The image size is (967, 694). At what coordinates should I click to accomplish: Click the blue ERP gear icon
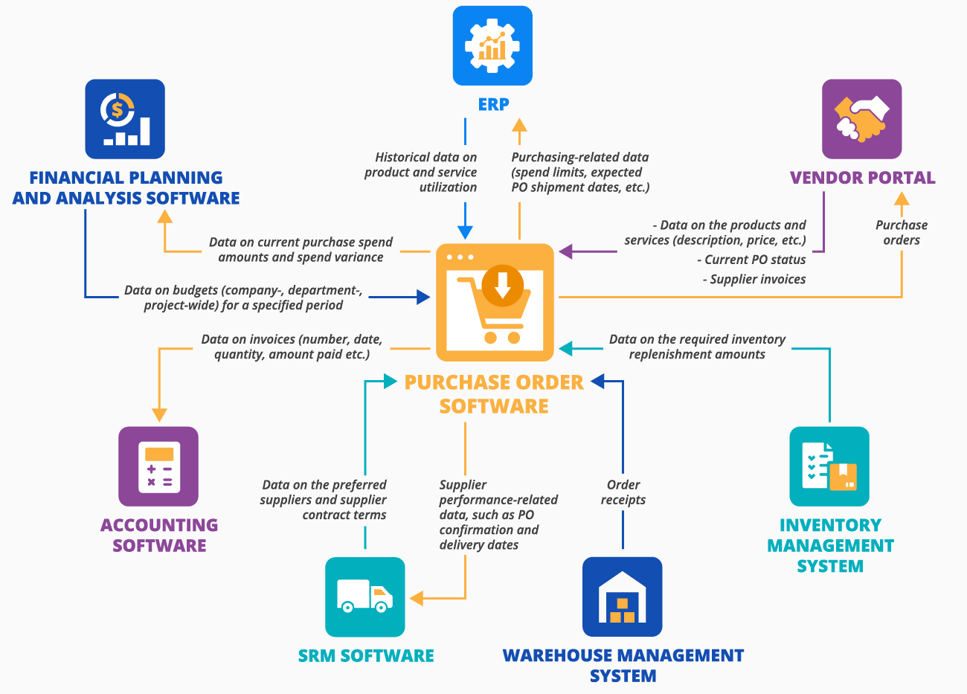(492, 45)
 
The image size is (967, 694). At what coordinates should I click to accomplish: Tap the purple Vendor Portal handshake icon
(861, 119)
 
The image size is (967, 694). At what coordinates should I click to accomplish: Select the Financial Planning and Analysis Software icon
(125, 119)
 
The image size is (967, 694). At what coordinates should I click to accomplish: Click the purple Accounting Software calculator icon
(158, 466)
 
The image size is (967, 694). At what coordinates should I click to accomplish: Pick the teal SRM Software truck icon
(364, 597)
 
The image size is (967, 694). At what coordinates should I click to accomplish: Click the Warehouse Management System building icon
(622, 597)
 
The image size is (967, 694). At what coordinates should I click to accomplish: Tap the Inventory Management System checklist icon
(829, 466)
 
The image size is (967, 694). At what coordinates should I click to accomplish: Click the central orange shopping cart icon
(495, 302)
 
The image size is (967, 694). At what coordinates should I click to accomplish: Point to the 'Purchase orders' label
(901, 232)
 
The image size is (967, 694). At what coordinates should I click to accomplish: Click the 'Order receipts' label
(623, 492)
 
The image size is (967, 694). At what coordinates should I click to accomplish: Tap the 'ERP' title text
(493, 105)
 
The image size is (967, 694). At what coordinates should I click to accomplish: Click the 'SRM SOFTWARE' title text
(366, 656)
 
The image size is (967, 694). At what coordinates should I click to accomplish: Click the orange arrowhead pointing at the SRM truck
(417, 598)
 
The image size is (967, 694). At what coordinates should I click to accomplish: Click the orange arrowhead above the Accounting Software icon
(158, 414)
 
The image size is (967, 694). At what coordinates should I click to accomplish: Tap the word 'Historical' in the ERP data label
(402, 158)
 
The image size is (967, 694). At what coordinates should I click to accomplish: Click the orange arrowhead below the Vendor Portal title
(901, 199)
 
